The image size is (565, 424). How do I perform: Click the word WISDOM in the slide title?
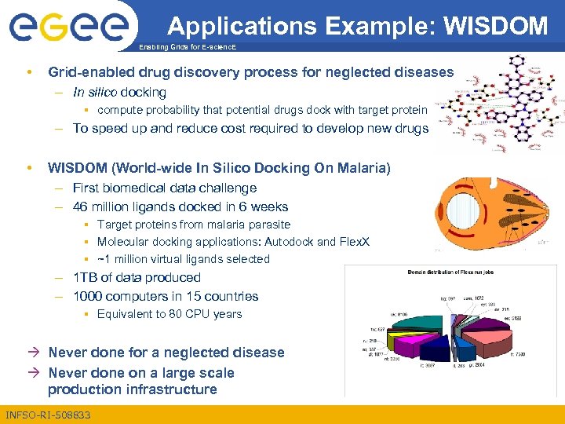pyautogui.click(x=495, y=26)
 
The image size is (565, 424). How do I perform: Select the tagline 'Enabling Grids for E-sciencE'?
pyautogui.click(x=187, y=49)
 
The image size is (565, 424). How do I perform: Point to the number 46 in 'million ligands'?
pyautogui.click(x=81, y=207)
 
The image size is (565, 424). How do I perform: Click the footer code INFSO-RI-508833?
pyautogui.click(x=48, y=414)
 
